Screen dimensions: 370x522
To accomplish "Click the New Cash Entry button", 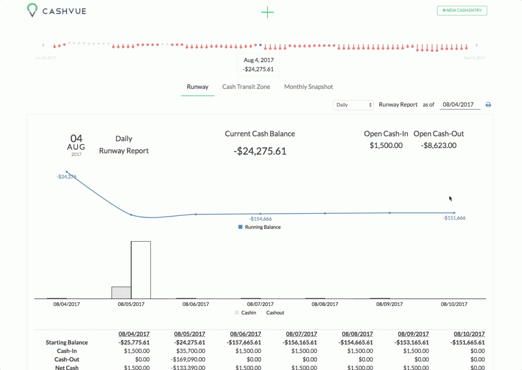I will [x=462, y=10].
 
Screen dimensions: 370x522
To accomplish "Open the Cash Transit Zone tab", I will [x=246, y=87].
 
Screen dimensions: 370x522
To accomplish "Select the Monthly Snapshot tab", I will [x=308, y=87].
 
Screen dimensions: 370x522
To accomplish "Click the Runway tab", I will [x=197, y=87].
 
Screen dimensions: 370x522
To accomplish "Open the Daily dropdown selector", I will [x=353, y=105].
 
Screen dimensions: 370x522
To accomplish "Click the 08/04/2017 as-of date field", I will [x=460, y=105].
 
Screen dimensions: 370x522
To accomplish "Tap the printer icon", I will [x=488, y=105].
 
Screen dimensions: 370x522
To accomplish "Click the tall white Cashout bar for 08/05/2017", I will [x=141, y=270].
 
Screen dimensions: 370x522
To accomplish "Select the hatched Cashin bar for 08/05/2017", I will [x=121, y=293].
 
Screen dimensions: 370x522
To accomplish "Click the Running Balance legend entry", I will [x=260, y=227].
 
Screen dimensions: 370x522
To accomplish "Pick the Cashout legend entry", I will [x=275, y=313].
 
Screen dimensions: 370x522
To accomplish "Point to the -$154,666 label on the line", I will [x=260, y=219].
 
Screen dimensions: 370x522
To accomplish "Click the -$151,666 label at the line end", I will [x=454, y=218].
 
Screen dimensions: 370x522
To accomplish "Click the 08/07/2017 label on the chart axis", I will [x=260, y=304].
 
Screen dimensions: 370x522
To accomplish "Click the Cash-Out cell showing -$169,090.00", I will [x=190, y=360].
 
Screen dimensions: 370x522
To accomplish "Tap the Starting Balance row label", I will [x=67, y=343].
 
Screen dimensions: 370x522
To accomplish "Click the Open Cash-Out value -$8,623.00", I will [x=438, y=145].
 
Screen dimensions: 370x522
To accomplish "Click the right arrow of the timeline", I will [x=477, y=45].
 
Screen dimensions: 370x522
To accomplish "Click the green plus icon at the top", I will [x=267, y=12].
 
